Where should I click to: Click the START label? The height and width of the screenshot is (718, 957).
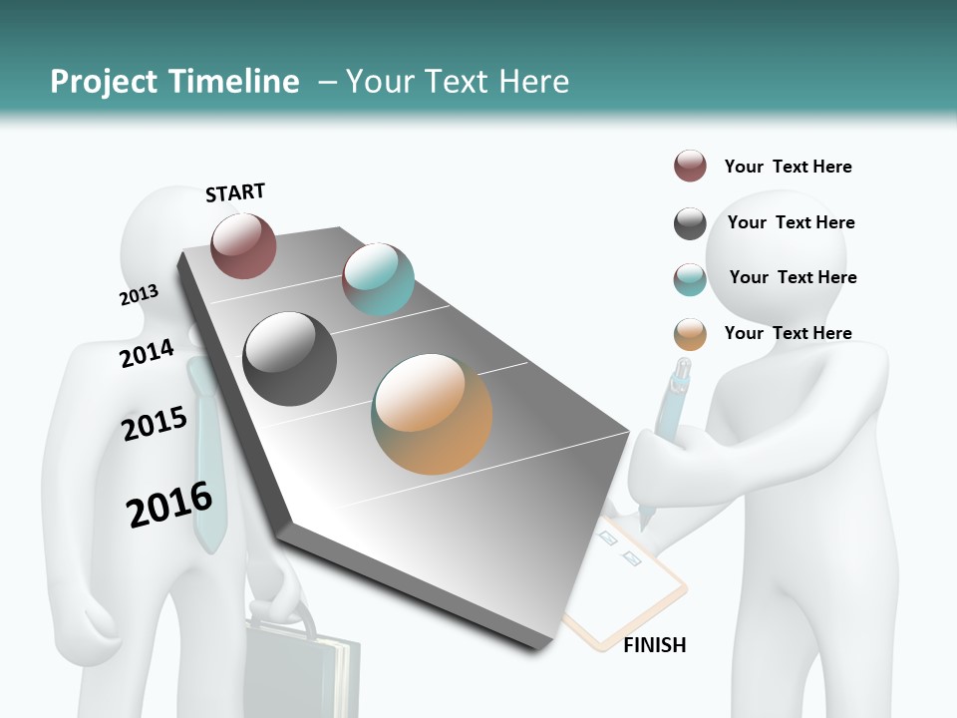[x=235, y=191]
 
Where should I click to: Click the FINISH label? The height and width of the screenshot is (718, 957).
[x=654, y=645]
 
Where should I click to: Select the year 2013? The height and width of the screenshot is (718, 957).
[x=139, y=295]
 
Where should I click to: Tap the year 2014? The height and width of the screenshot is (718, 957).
[x=147, y=353]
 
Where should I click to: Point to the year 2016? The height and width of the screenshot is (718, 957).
[x=169, y=505]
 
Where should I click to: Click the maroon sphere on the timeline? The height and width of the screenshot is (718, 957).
[x=243, y=245]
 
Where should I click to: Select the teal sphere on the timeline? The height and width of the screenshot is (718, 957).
[x=378, y=279]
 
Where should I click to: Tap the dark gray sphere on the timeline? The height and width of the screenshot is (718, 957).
[x=290, y=359]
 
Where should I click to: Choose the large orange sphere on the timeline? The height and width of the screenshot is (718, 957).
[x=432, y=413]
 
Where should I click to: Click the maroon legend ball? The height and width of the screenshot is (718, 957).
[x=690, y=167]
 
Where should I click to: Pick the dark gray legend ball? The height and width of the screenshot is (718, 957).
[x=690, y=223]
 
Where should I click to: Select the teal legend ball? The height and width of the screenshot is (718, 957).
[x=690, y=279]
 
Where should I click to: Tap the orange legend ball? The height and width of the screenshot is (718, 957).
[x=690, y=334]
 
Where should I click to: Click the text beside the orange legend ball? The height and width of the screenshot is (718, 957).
[x=788, y=333]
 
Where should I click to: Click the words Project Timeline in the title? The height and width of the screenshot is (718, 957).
[x=174, y=82]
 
